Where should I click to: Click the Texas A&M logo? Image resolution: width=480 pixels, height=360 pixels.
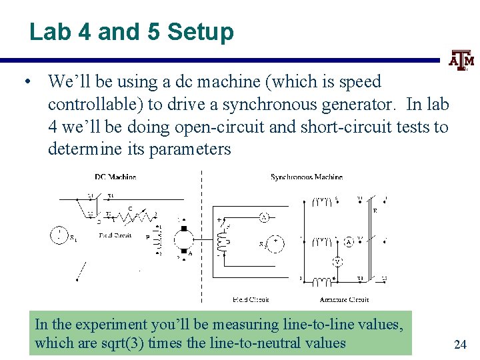click(461, 61)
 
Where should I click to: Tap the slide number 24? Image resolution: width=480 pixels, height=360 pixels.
click(459, 344)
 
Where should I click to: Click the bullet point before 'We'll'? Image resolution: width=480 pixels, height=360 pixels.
click(25, 83)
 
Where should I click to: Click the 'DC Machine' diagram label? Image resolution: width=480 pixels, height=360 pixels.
click(115, 177)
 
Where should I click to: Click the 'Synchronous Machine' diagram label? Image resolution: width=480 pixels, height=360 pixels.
click(306, 177)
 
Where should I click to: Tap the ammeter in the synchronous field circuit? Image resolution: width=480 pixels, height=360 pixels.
click(264, 217)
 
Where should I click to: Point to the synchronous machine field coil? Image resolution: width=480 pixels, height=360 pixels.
click(220, 239)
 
